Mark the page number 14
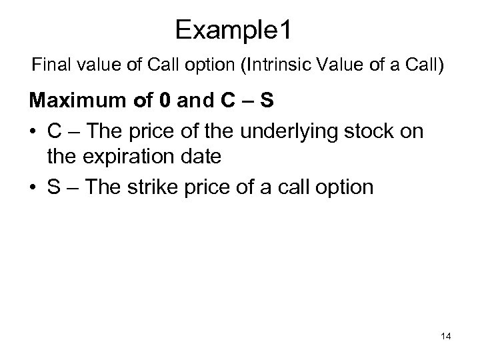pos(445,337)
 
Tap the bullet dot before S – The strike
pos(33,187)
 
